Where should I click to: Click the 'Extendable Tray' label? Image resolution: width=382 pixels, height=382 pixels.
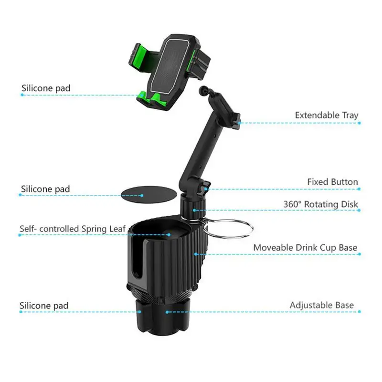point(327,116)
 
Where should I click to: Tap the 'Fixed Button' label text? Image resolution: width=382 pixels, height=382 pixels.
point(332,182)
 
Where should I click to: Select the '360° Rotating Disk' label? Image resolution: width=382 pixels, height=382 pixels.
point(320,204)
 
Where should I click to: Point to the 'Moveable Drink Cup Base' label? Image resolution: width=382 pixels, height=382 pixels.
point(305,248)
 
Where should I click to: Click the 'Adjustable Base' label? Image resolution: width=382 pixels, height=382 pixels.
point(321,305)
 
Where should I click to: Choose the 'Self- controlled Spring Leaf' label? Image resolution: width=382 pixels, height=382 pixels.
point(73,229)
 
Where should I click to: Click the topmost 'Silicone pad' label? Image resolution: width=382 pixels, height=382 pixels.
point(46,88)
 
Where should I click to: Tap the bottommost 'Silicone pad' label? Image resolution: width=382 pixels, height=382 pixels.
point(44,306)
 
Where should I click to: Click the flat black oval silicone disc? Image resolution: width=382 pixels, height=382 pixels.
point(149,195)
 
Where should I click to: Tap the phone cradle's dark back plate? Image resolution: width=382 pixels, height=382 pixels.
point(170,65)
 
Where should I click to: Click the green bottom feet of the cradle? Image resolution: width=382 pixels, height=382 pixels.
point(151,99)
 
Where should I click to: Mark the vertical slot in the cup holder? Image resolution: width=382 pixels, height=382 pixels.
point(138,259)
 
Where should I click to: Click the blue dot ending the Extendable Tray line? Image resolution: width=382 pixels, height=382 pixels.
point(360,123)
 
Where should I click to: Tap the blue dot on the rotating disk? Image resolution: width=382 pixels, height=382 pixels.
point(194,210)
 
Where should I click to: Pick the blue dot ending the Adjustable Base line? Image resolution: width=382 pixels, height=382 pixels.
point(360,312)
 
